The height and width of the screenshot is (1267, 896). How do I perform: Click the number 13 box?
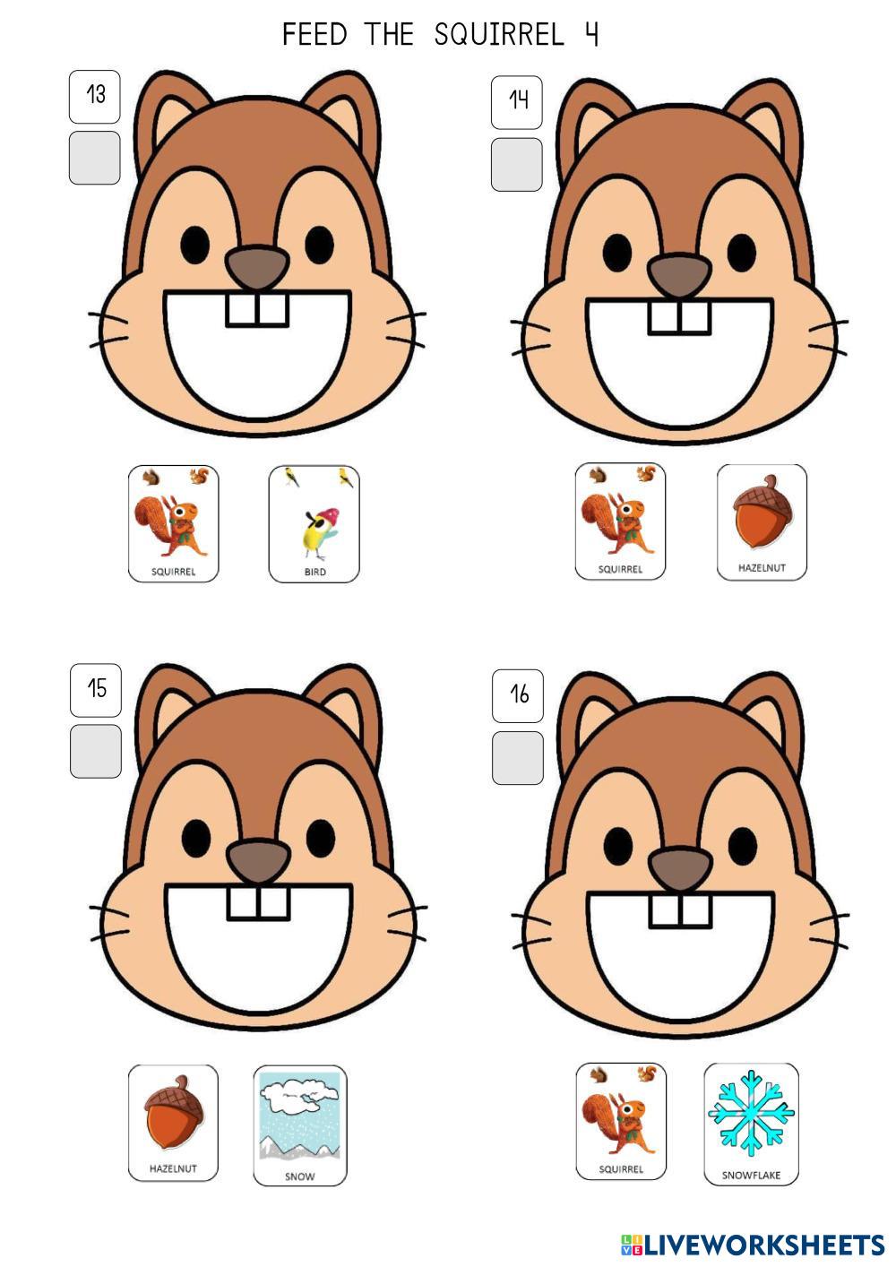(94, 97)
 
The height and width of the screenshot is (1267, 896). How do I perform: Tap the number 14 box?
(516, 102)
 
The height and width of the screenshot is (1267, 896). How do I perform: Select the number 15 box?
(96, 690)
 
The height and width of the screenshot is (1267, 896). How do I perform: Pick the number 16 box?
(518, 695)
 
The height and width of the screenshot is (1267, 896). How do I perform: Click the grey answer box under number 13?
(94, 158)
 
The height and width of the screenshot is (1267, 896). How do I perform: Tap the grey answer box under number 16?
(518, 758)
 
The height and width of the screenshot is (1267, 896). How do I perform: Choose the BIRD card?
(314, 524)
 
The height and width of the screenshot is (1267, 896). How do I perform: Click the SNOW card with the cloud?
(300, 1125)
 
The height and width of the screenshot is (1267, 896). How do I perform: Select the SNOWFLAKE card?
(751, 1124)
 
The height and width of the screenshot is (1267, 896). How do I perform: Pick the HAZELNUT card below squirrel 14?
(762, 522)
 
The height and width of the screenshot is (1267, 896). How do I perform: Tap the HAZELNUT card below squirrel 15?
(173, 1123)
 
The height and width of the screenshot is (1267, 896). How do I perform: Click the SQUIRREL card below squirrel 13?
(174, 523)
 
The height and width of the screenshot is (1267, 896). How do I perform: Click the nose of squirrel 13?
(257, 267)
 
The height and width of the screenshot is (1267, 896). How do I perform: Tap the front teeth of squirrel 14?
(680, 317)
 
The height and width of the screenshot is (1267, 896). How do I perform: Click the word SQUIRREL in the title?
(499, 35)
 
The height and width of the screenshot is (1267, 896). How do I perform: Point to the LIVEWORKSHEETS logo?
(753, 1245)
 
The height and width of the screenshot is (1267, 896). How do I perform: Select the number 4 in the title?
(590, 35)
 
